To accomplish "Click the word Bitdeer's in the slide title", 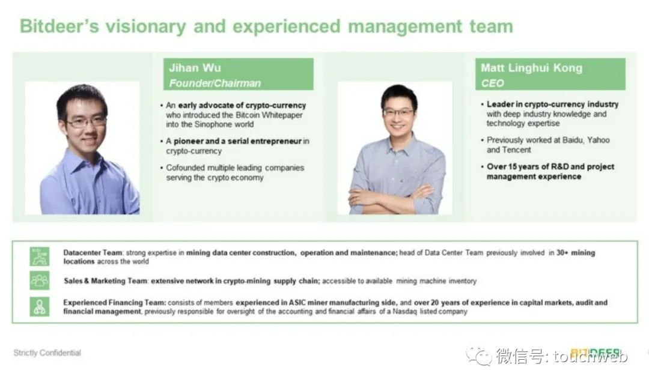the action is (x=59, y=26).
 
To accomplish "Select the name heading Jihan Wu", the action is (x=195, y=68).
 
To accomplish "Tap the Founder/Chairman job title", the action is (x=215, y=83).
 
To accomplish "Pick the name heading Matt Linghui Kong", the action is (x=531, y=68).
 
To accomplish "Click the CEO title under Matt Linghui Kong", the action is (x=492, y=83).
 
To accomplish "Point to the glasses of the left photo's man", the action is (x=86, y=122).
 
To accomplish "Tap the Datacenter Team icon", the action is (x=39, y=256).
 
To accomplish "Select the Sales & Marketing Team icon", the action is (x=39, y=280).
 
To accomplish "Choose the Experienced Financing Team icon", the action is (x=39, y=306).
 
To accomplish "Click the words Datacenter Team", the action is (x=93, y=253).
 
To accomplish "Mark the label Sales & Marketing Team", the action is (x=106, y=280).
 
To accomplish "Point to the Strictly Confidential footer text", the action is (x=47, y=353).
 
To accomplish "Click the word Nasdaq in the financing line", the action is (x=404, y=311).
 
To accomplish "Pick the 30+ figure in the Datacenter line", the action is (x=562, y=253).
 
